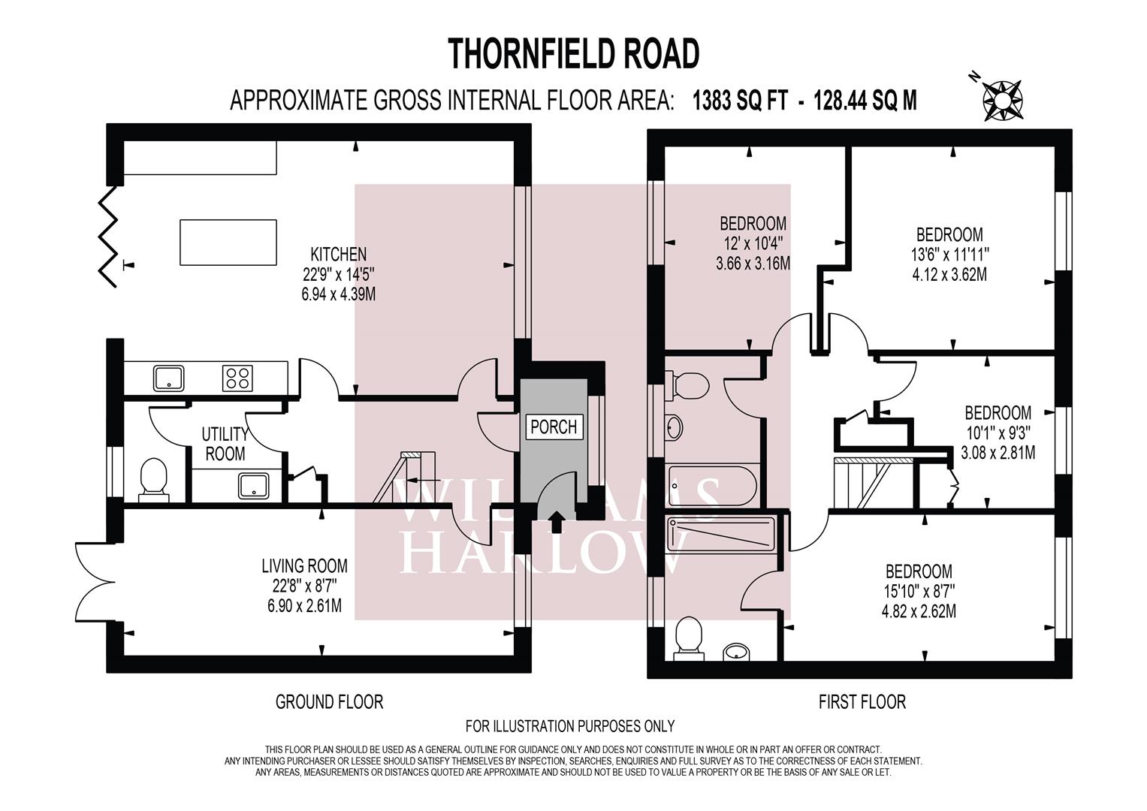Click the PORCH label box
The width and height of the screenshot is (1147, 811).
554,427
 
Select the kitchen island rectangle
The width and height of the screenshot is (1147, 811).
228,243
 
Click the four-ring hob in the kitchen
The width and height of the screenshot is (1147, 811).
237,378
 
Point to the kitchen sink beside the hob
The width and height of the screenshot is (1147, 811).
168,378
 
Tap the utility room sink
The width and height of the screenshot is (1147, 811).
253,486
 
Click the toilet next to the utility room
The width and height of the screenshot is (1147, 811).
154,480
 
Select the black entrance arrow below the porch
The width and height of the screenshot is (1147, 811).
555,522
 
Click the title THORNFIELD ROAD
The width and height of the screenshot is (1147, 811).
574,53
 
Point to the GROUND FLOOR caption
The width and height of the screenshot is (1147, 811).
329,702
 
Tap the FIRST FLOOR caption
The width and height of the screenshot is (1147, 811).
862,702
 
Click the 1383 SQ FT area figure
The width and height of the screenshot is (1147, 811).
740,101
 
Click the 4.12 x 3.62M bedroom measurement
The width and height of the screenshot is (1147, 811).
949,275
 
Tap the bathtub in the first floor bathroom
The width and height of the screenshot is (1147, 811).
712,485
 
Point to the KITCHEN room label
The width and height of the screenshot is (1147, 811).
339,254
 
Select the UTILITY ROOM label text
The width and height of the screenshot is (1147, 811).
225,444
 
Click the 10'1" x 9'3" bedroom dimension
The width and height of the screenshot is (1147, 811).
998,433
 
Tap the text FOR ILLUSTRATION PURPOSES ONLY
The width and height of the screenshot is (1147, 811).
570,726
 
